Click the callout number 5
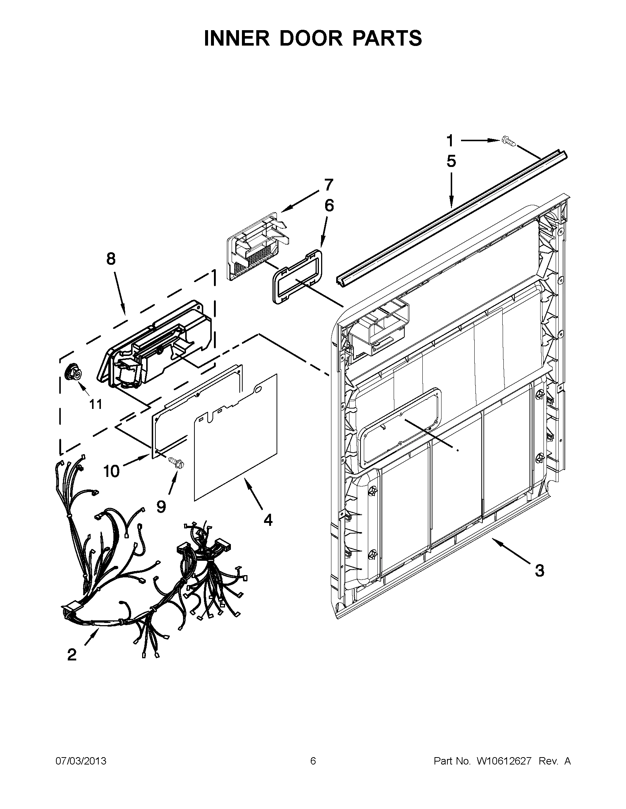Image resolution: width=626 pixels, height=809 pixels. click(x=451, y=161)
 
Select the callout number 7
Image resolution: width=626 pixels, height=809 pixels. click(x=328, y=184)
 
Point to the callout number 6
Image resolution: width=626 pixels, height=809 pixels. click(x=329, y=205)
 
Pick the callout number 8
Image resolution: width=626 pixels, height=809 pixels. click(x=111, y=259)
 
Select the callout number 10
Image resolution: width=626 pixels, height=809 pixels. click(x=112, y=471)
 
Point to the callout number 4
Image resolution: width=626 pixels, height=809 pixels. click(x=268, y=520)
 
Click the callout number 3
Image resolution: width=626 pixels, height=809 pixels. click(x=539, y=570)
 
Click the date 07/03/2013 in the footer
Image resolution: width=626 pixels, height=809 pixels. click(x=81, y=761)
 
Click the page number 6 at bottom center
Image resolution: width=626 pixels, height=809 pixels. click(x=313, y=761)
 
